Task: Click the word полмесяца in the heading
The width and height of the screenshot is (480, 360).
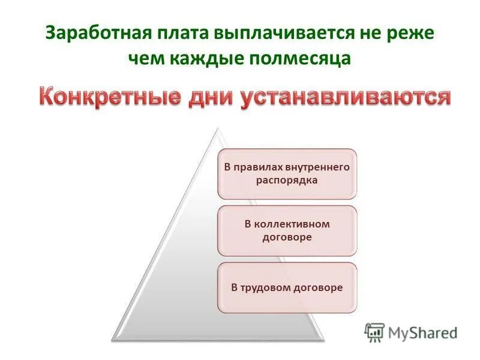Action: coord(302,59)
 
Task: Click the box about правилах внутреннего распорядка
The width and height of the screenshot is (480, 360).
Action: coord(286,174)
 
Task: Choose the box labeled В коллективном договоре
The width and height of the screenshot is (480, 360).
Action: coord(286,230)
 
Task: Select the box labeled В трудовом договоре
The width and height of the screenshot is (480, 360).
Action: coord(286,287)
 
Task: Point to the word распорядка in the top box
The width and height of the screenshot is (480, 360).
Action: coord(287,179)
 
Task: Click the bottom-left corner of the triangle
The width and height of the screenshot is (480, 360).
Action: coord(112,338)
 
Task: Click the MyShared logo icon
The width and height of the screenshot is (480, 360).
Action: coord(374,331)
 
